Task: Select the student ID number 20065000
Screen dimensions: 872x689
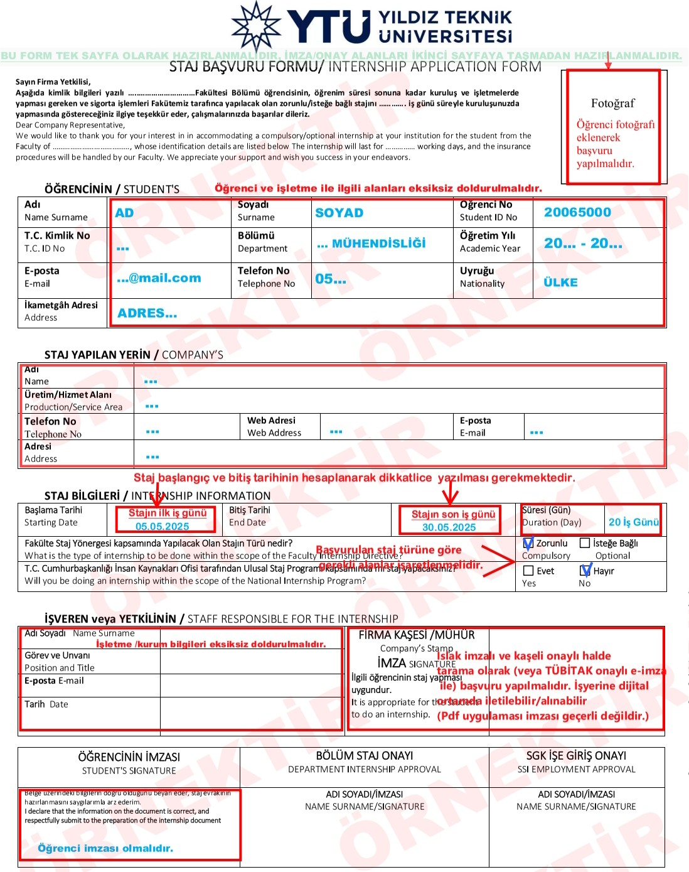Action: (577, 212)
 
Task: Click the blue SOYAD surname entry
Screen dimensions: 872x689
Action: (339, 213)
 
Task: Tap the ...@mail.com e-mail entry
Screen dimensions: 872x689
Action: (159, 278)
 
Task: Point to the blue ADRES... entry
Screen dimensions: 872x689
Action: (147, 313)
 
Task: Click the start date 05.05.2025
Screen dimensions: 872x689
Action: (162, 527)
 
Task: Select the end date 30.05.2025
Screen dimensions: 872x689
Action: (449, 527)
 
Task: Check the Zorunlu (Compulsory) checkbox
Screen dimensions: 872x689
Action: (528, 544)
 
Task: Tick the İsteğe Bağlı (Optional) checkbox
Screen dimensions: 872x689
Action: (585, 543)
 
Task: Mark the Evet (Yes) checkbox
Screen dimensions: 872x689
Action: (528, 571)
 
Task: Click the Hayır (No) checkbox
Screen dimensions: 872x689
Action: (585, 571)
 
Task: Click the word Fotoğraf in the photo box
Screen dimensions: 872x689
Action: (612, 103)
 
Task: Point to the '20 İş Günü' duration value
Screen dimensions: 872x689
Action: (633, 522)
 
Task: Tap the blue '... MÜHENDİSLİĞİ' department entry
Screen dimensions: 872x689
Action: (371, 244)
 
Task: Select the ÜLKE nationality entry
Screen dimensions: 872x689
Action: (560, 283)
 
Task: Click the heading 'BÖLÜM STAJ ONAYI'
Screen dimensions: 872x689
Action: (364, 756)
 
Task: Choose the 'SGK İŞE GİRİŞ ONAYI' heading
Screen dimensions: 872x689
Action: (576, 756)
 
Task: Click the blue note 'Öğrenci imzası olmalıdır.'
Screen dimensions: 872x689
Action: (105, 848)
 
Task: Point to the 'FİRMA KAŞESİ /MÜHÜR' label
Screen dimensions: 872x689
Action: (416, 635)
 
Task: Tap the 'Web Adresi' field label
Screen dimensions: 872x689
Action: (271, 421)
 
